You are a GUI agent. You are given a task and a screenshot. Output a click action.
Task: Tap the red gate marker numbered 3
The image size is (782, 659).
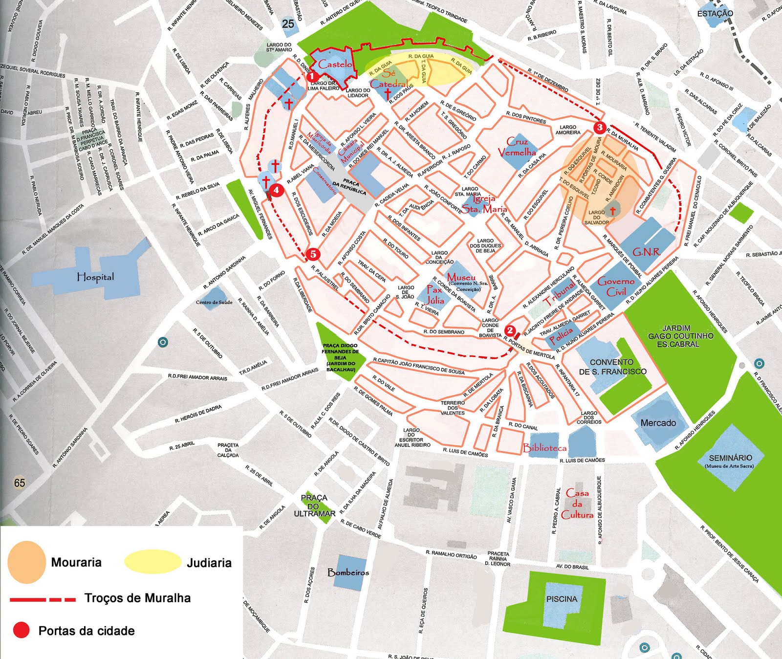click(x=599, y=127)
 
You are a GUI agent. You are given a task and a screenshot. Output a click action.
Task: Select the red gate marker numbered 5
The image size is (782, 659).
click(x=313, y=254)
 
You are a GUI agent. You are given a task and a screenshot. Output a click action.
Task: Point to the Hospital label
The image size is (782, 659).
click(x=95, y=277)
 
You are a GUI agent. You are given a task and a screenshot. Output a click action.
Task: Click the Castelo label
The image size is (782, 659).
click(x=335, y=64)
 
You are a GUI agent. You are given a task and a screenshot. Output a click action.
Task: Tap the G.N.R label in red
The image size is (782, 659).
click(x=646, y=252)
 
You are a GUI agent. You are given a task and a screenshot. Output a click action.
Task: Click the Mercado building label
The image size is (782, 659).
click(x=658, y=423)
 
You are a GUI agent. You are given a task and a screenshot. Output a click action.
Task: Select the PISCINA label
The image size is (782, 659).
click(x=562, y=599)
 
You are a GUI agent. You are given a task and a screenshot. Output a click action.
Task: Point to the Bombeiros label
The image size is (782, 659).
click(x=348, y=572)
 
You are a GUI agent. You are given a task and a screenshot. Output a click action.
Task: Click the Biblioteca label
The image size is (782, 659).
click(x=544, y=448)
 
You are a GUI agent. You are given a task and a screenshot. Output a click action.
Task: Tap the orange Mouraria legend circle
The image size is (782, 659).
click(x=27, y=562)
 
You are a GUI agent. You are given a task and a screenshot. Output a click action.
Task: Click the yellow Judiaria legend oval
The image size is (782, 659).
click(x=152, y=562)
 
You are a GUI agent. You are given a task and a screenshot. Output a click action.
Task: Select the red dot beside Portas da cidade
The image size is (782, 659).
click(x=21, y=630)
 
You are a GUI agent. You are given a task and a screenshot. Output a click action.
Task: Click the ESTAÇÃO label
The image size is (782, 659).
click(x=715, y=13)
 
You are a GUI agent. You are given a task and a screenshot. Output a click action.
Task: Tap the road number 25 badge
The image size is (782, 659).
click(x=288, y=23)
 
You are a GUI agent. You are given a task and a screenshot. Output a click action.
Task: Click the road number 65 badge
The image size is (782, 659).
click(x=19, y=483)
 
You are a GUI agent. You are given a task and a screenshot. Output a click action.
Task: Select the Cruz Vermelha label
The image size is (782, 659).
click(x=517, y=147)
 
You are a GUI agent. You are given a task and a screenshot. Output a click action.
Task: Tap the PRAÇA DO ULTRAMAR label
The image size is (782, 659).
click(x=314, y=505)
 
